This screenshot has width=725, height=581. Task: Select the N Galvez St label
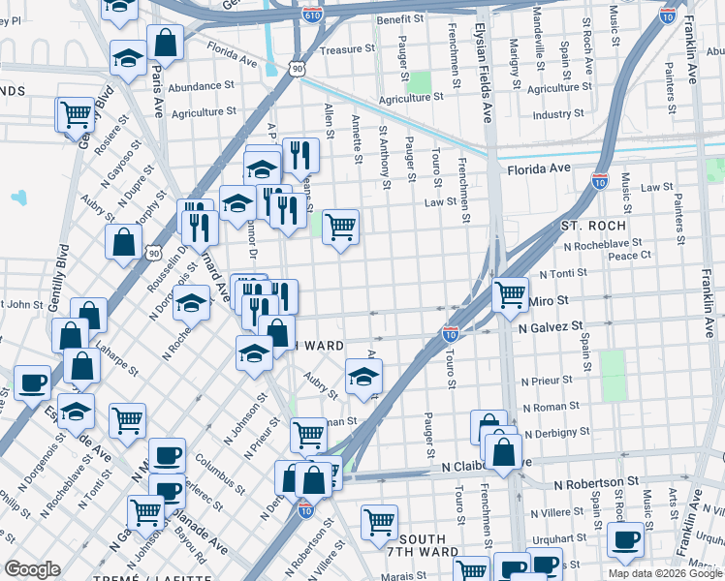tap(550, 328)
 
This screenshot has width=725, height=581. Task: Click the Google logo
tap(32, 569)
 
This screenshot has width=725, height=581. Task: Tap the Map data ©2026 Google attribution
tap(664, 573)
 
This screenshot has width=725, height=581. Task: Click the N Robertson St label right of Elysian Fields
tap(596, 481)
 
